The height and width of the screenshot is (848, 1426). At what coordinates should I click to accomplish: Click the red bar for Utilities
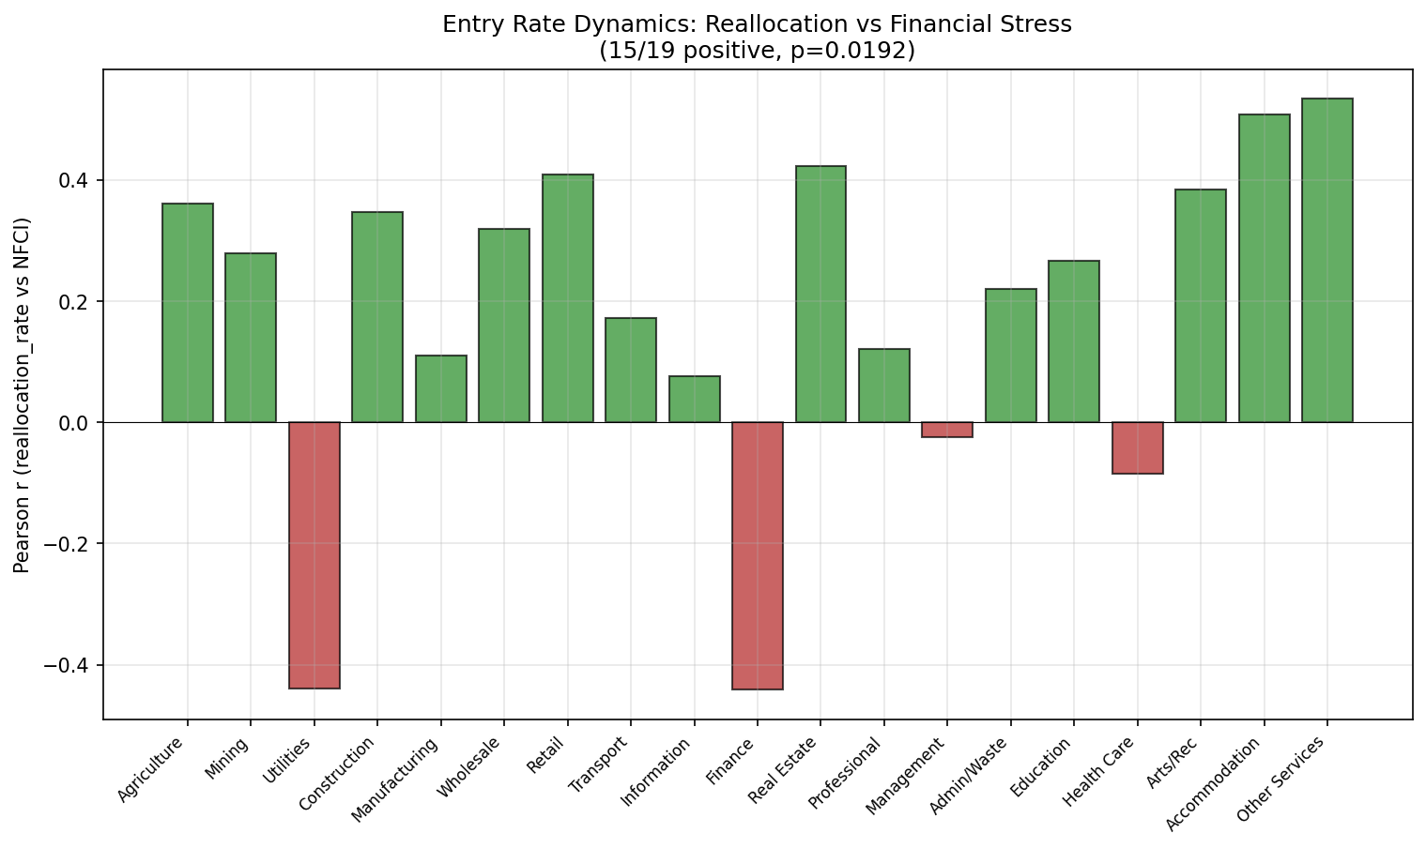pyautogui.click(x=314, y=554)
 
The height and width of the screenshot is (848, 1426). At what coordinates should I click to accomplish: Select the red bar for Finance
pyautogui.click(x=757, y=555)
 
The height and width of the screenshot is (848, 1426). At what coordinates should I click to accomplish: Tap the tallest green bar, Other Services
pyautogui.click(x=1326, y=260)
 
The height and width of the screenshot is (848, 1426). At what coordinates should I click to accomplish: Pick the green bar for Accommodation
pyautogui.click(x=1264, y=268)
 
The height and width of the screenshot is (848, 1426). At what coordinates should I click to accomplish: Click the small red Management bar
pyautogui.click(x=946, y=430)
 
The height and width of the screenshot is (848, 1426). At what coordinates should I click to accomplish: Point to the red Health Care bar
pyautogui.click(x=1137, y=447)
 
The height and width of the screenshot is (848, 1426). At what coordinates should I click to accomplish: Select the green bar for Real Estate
pyautogui.click(x=820, y=294)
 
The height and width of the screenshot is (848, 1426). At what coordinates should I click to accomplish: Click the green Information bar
pyautogui.click(x=694, y=399)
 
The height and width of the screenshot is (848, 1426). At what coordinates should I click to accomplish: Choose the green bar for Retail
pyautogui.click(x=567, y=298)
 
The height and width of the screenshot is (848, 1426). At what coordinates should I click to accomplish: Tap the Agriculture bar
pyautogui.click(x=187, y=312)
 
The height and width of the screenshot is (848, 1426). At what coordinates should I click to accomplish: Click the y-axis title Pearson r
pyautogui.click(x=23, y=395)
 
